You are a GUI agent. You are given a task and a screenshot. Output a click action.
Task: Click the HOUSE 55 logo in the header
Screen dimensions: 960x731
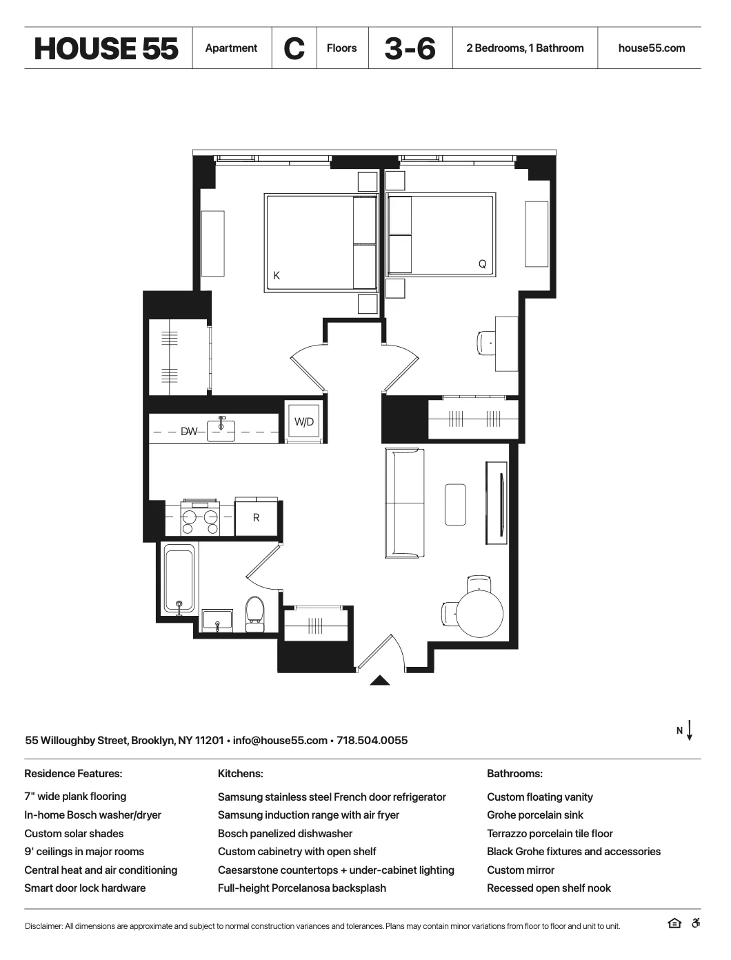click(x=106, y=48)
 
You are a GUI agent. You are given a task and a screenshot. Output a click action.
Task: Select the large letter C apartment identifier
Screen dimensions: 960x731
click(x=294, y=48)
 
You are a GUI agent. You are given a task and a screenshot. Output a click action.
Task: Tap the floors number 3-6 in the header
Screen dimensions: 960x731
click(x=410, y=48)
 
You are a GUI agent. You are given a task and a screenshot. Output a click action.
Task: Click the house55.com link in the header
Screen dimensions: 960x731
click(x=651, y=48)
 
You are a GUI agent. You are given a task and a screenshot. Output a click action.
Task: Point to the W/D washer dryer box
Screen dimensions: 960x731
click(x=304, y=421)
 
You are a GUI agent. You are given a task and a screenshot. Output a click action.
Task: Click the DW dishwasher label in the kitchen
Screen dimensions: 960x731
click(x=188, y=432)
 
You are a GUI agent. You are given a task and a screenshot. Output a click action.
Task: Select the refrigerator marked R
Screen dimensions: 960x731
click(x=256, y=517)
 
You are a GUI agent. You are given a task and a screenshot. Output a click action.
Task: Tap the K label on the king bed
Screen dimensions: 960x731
click(x=277, y=275)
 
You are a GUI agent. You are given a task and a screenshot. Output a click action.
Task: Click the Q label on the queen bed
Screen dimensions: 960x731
click(x=482, y=264)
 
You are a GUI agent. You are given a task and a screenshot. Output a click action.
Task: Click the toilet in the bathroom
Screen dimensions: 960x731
click(x=254, y=614)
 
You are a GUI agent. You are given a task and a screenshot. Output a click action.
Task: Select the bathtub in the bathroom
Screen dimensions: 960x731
click(x=179, y=578)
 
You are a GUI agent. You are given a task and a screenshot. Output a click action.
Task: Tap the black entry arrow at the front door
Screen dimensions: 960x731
click(x=380, y=681)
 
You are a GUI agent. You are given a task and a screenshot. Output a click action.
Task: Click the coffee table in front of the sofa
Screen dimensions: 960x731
click(x=455, y=504)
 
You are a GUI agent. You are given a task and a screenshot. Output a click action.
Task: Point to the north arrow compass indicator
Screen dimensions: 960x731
click(x=689, y=730)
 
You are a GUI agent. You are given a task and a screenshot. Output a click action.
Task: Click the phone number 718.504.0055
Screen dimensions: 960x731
click(x=372, y=741)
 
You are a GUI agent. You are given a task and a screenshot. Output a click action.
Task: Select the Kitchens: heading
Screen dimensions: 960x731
click(x=240, y=774)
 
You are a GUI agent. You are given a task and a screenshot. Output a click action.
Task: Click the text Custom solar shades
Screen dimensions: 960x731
click(x=74, y=833)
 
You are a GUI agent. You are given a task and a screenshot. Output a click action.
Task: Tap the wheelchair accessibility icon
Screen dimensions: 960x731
click(x=695, y=924)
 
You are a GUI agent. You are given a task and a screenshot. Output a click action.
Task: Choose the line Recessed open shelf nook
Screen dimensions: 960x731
click(x=548, y=888)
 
